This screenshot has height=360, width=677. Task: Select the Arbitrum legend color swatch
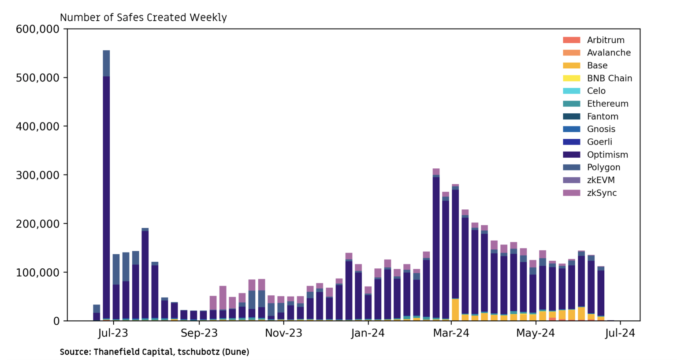pos(571,40)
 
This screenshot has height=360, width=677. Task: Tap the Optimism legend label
pos(607,155)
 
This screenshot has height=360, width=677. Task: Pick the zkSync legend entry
pos(602,193)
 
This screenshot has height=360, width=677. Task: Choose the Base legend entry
pos(597,66)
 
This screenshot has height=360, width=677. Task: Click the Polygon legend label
pos(603,167)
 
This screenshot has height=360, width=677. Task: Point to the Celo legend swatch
pos(571,91)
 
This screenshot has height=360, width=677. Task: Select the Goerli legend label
pos(599,142)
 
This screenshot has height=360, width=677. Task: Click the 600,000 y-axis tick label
pos(37,30)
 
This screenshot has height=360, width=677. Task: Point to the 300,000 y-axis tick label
pos(37,175)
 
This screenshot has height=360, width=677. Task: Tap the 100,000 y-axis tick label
pos(37,273)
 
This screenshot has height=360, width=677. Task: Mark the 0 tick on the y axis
pos(56,321)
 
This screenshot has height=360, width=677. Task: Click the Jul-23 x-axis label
pos(113,333)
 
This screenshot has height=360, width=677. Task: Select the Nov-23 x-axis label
pos(283,333)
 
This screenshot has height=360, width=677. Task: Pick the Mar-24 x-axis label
pos(451,333)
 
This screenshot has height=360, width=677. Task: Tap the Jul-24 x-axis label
pos(620,333)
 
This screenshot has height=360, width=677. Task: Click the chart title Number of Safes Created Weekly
pos(143,18)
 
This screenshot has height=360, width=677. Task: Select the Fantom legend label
pos(603,117)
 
